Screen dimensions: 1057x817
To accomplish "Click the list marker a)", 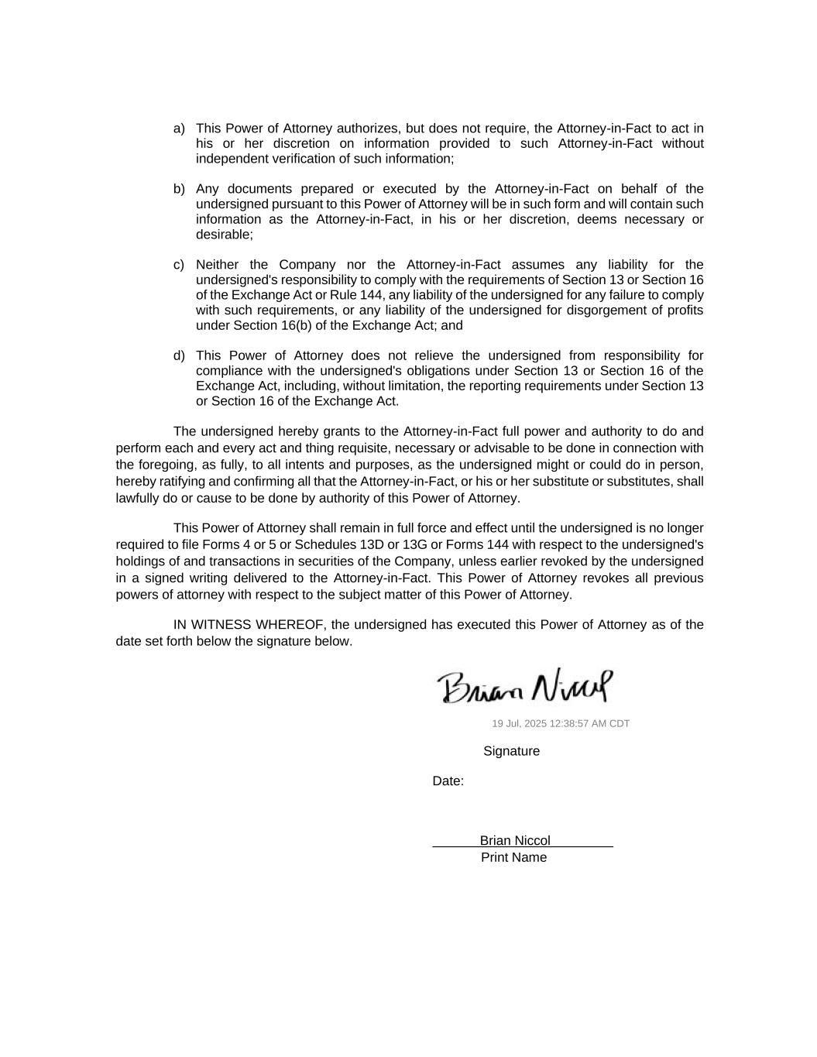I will [x=179, y=129].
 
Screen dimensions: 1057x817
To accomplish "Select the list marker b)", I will [x=179, y=189].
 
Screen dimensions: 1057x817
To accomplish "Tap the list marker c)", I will [x=179, y=265].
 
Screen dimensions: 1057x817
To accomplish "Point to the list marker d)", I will [x=179, y=356].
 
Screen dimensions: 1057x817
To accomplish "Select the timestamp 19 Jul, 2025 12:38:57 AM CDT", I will [x=561, y=724].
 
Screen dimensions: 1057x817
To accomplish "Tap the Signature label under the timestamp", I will [x=511, y=751].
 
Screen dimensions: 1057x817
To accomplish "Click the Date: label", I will [x=448, y=781].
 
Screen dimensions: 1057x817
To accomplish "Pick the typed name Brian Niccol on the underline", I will [x=515, y=841].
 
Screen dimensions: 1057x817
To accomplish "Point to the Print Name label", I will [x=513, y=858].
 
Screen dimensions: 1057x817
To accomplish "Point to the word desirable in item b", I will [x=223, y=235].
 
